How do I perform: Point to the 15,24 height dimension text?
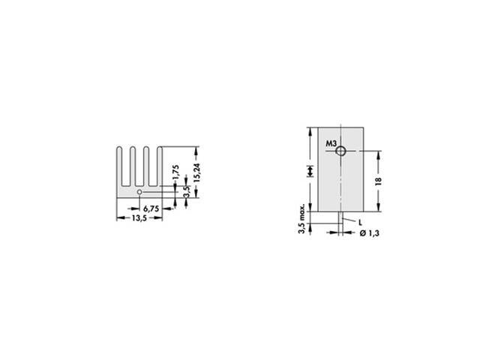[197, 172]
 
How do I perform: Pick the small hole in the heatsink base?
[139, 192]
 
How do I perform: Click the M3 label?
[331, 143]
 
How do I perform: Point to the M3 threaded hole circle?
[341, 151]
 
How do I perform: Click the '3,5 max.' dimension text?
[301, 219]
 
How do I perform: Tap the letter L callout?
[361, 223]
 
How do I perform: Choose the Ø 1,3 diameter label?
[368, 235]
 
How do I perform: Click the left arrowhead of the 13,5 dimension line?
[118, 218]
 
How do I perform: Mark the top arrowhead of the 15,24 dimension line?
[197, 148]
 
